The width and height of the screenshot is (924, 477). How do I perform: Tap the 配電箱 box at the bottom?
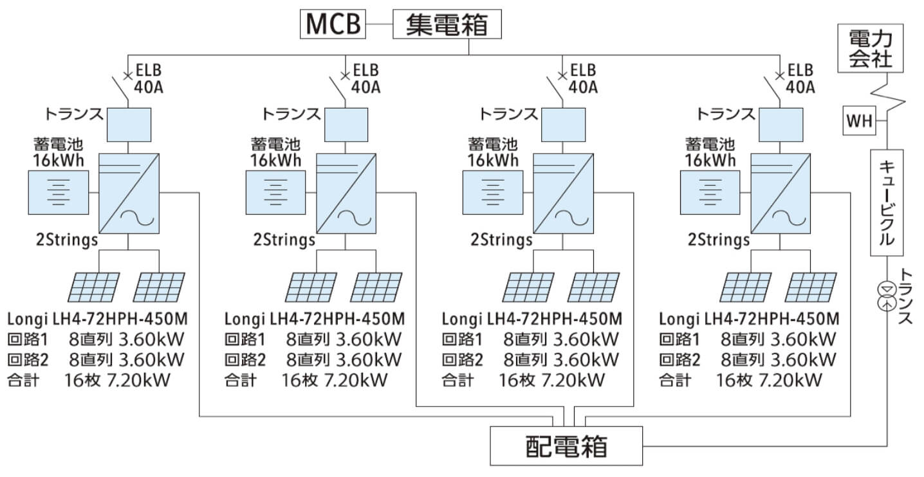tap(566, 446)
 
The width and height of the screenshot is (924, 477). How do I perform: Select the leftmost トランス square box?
tap(128, 124)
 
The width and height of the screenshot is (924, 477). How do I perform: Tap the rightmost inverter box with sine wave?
tap(780, 194)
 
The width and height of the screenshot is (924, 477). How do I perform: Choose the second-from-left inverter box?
tap(346, 194)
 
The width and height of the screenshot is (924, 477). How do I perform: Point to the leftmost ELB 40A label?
tap(148, 78)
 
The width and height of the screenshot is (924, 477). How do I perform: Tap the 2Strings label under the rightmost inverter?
tap(719, 240)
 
